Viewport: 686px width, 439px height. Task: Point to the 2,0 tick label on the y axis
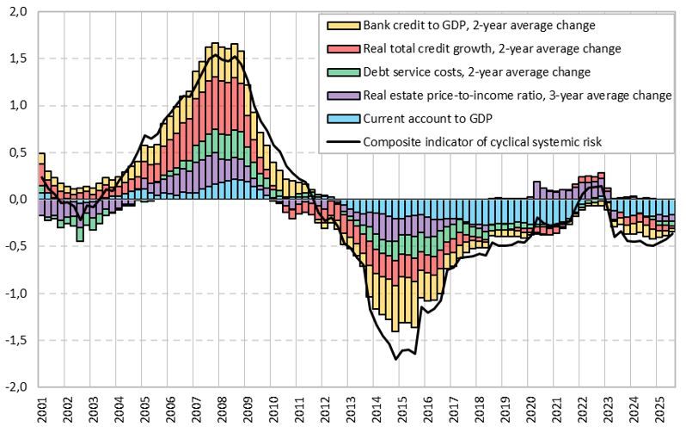tap(18, 12)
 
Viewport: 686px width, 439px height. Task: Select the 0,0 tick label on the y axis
tap(18, 200)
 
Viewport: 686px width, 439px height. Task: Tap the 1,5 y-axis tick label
tap(18, 59)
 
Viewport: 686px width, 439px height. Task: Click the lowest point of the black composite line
tap(395, 359)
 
